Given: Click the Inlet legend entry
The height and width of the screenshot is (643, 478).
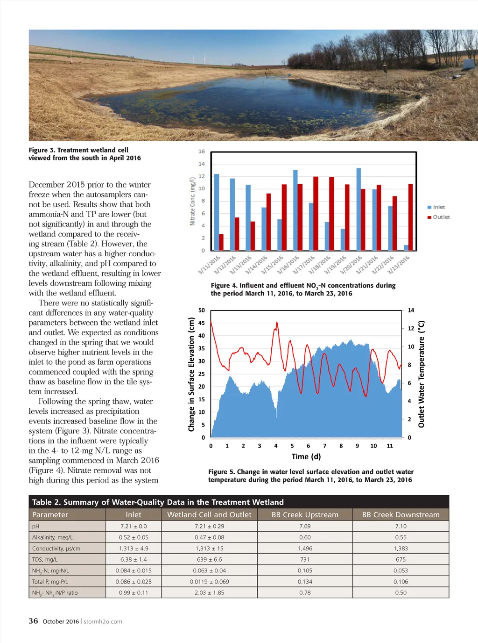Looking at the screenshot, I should coord(438,207).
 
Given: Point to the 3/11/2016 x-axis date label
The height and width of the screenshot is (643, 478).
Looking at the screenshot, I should coord(209,265).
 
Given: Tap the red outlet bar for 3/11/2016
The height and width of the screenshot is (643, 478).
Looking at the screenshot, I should coord(221,242).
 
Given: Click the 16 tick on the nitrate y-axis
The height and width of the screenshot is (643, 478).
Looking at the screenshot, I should coord(202,152).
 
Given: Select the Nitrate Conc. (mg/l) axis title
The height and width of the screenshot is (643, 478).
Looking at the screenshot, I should coord(192,201).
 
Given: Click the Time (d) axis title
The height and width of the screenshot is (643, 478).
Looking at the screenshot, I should coord(306,456).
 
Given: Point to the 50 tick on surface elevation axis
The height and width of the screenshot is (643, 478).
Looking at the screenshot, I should coord(202,310).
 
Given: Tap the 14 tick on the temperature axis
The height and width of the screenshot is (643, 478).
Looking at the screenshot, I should coord(411,310).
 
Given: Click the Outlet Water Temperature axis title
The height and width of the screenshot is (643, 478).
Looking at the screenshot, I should coord(421,374).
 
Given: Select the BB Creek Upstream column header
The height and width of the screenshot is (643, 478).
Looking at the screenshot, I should coord(305,514).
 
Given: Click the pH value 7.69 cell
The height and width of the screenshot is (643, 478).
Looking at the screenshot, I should coord(305,526).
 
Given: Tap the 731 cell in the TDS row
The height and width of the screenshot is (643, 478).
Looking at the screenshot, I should coord(305,559).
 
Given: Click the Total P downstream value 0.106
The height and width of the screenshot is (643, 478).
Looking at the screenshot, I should coord(401,582).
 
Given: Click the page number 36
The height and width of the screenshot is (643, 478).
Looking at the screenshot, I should coord(33,621).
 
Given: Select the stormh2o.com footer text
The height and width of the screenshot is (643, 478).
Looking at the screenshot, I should coord(103,621).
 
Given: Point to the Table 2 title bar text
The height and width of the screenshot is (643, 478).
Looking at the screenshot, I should coord(158,502).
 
